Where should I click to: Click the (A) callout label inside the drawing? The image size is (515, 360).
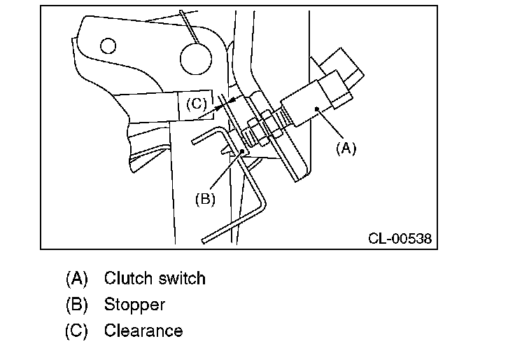coord(346,148)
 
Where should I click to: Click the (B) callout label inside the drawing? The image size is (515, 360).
coord(205,199)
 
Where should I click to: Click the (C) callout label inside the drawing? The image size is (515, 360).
coord(197,104)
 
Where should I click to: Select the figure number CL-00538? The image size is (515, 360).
coord(400,238)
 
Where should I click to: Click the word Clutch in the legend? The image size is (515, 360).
coord(129,278)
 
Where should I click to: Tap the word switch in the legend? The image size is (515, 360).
coord(183,278)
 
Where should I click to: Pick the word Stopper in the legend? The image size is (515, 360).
coord(134,305)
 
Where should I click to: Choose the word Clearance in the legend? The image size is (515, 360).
coord(143,331)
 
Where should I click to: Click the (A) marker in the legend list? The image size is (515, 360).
coord(76,279)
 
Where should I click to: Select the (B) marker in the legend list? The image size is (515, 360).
coord(76,305)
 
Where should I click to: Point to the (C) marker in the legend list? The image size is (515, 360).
coord(76,331)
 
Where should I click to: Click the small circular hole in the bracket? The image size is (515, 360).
coord(108,46)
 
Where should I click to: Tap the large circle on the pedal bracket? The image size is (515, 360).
coord(196,59)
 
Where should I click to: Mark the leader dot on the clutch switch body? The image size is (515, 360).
coord(316,109)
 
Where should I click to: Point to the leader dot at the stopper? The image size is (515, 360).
coord(242,151)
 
